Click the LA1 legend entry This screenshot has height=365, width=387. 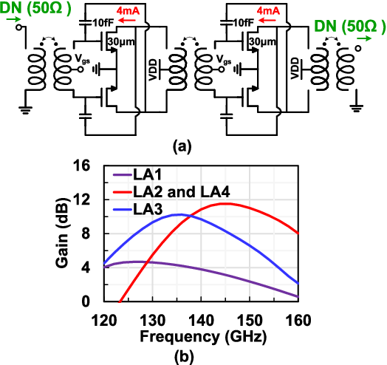coord(137,174)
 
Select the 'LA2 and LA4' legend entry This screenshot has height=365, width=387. coord(171,191)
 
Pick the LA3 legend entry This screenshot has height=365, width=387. coord(137,209)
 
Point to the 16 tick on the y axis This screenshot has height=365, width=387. coord(82,166)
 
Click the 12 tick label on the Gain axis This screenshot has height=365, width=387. coord(82,199)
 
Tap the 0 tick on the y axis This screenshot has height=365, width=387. coord(86,301)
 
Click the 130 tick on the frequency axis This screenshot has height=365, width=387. coord(153,321)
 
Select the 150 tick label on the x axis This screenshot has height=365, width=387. coord(250,321)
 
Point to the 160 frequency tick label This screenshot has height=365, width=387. coord(298,321)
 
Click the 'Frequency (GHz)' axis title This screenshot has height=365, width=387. coord(203,337)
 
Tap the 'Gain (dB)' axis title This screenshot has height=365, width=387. coord(62,233)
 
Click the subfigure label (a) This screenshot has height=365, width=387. coord(182,147)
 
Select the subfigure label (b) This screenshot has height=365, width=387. coord(184,357)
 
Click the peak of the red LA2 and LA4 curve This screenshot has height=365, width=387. coord(227,203)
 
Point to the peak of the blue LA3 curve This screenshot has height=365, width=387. coord(181,214)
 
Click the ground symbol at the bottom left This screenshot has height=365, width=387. coord(25,110)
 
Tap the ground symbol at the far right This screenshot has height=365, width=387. coord(356,108)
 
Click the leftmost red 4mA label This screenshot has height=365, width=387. coord(128,11)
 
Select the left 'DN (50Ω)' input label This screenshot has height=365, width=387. coord(35,8)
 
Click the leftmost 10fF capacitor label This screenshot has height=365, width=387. coord(103,23)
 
